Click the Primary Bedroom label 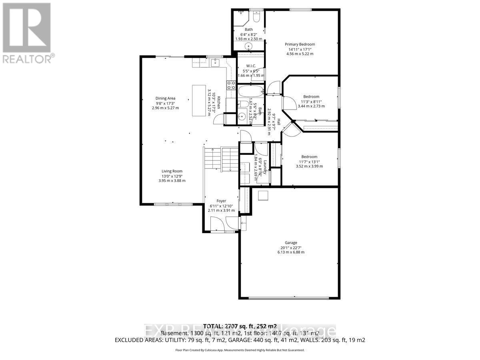point(300,44)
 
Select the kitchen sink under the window point(216,62)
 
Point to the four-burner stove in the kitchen point(231,84)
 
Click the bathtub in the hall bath point(250,90)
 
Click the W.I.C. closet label point(251,66)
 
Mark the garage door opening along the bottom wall point(289,298)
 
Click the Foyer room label point(221,201)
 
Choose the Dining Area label point(166,98)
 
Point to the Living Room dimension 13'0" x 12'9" point(172,176)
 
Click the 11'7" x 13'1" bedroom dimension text point(309,162)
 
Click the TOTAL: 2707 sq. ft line point(240,325)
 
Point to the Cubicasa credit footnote point(240,350)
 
